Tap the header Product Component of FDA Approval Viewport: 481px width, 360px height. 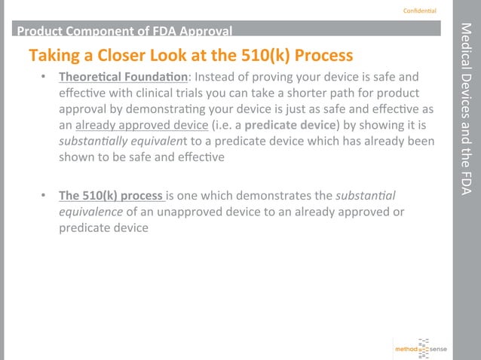pyautogui.click(x=124, y=31)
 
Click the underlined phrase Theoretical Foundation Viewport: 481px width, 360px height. pyautogui.click(x=124, y=78)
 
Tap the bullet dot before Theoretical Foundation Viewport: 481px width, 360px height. pyautogui.click(x=45, y=78)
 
